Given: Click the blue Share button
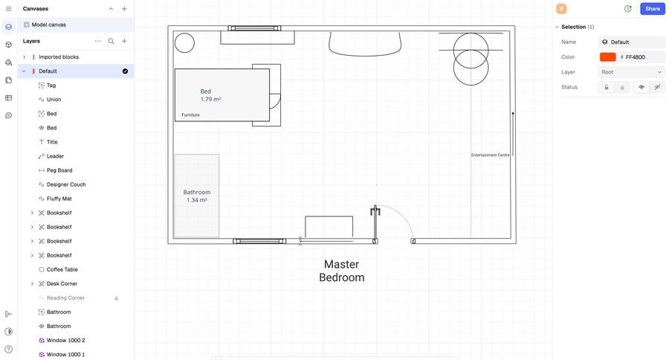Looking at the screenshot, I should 652,9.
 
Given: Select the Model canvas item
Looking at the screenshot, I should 48,25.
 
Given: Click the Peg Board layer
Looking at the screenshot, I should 59,170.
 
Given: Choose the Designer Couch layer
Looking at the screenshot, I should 66,184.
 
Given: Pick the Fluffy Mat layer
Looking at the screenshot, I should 59,199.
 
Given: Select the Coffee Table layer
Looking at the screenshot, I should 62,269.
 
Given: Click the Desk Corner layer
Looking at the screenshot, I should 62,283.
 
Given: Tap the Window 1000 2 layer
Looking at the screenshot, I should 65,340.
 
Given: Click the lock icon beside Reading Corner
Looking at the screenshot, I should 116,298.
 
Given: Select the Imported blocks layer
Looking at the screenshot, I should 59,57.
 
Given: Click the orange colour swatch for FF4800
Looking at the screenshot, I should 607,57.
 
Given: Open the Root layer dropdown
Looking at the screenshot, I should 631,72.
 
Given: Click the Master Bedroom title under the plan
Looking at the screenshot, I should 342,271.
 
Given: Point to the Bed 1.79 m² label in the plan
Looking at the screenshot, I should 210,95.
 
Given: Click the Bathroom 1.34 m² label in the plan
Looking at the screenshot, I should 197,196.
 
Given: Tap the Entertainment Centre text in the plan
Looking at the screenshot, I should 490,155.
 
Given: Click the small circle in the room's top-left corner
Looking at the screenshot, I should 184,43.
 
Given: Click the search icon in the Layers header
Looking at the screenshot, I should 111,41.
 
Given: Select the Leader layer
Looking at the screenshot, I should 55,156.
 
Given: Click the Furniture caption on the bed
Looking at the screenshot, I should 190,115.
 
